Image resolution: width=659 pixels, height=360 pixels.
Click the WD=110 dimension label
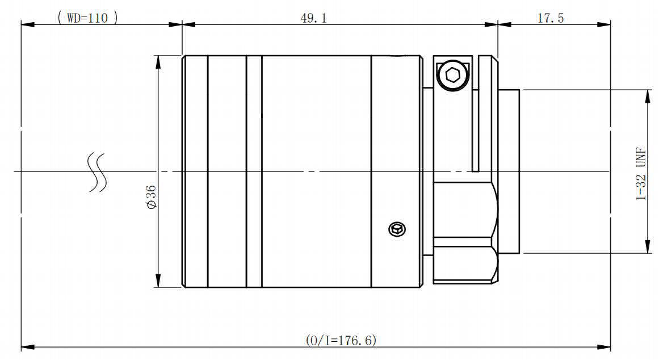[87, 18]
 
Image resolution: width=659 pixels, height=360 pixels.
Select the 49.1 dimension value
[313, 18]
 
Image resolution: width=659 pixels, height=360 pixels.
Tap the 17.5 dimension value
[551, 18]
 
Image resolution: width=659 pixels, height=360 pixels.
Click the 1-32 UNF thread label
[641, 174]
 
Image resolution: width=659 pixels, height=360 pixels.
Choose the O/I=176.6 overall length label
[341, 340]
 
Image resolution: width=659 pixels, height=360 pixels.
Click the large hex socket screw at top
[452, 76]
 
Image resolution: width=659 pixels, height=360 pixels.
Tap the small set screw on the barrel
[397, 229]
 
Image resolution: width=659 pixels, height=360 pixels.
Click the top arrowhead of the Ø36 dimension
[158, 62]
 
